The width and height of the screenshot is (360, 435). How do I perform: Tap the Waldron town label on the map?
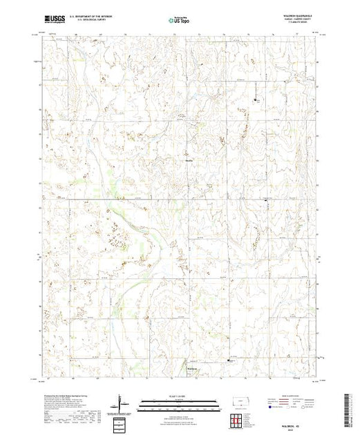[195, 368]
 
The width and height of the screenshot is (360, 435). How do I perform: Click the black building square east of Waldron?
[230, 360]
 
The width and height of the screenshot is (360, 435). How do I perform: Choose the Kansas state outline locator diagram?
[240, 401]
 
